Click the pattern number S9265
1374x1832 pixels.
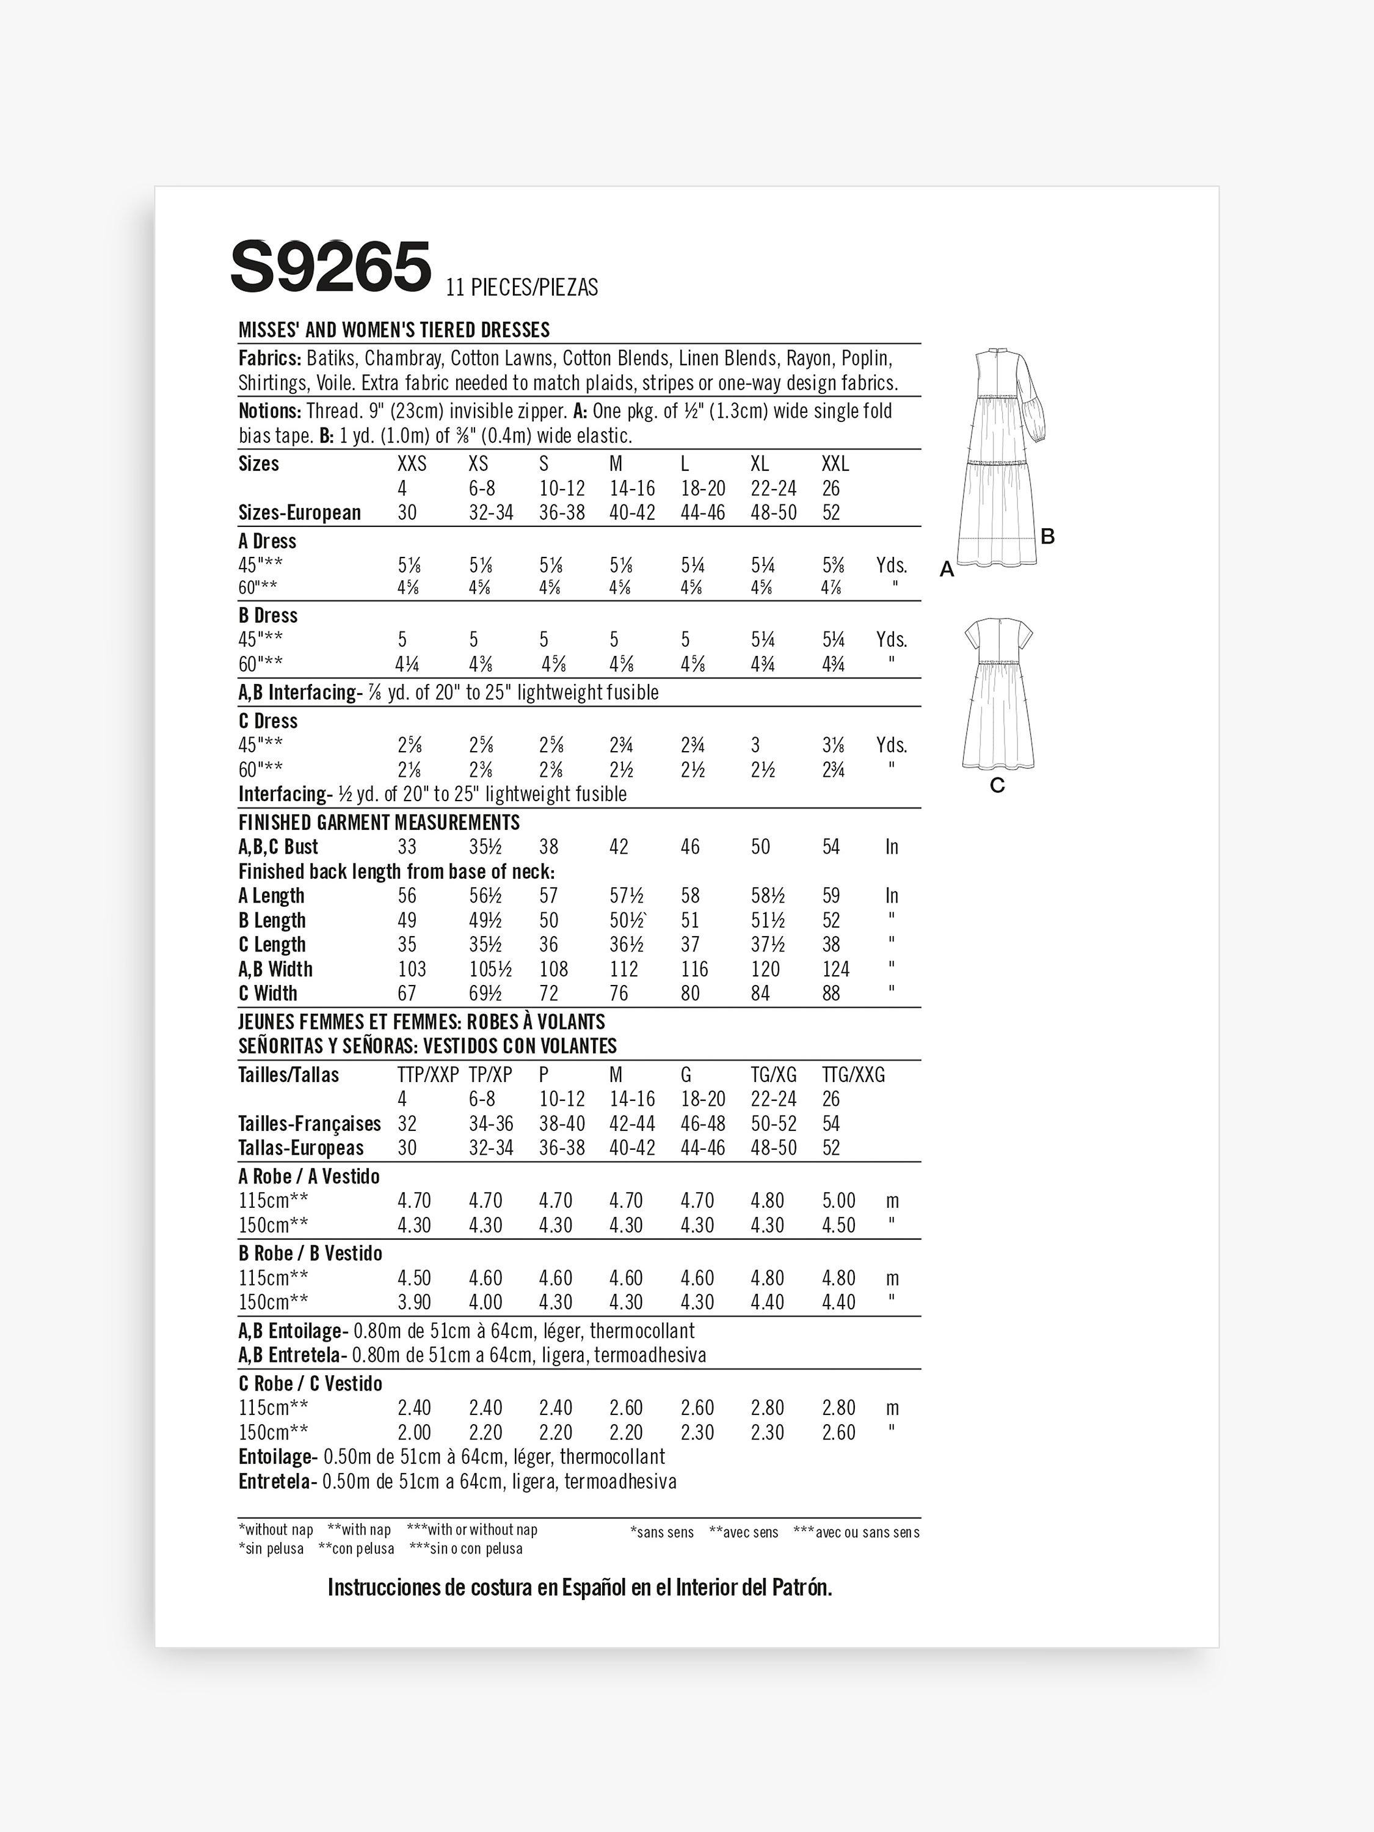coord(330,267)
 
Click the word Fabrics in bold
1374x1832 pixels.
coord(269,358)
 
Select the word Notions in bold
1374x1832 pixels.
coord(269,412)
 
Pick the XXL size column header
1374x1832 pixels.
coord(835,463)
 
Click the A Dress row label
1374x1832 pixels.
coord(267,542)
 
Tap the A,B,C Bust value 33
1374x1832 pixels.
coord(407,847)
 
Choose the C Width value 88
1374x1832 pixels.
coord(831,994)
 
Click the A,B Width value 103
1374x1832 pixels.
coord(412,969)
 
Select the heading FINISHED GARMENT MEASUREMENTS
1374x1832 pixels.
coord(379,823)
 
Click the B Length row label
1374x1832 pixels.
coord(272,921)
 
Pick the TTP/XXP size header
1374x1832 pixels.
coord(427,1075)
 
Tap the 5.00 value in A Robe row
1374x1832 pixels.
coord(838,1201)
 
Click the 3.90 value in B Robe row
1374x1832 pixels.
coord(413,1302)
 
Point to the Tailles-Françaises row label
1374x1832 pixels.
coord(309,1124)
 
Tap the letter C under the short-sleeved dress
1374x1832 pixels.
coord(997,785)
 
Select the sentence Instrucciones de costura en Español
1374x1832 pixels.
coord(579,1588)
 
